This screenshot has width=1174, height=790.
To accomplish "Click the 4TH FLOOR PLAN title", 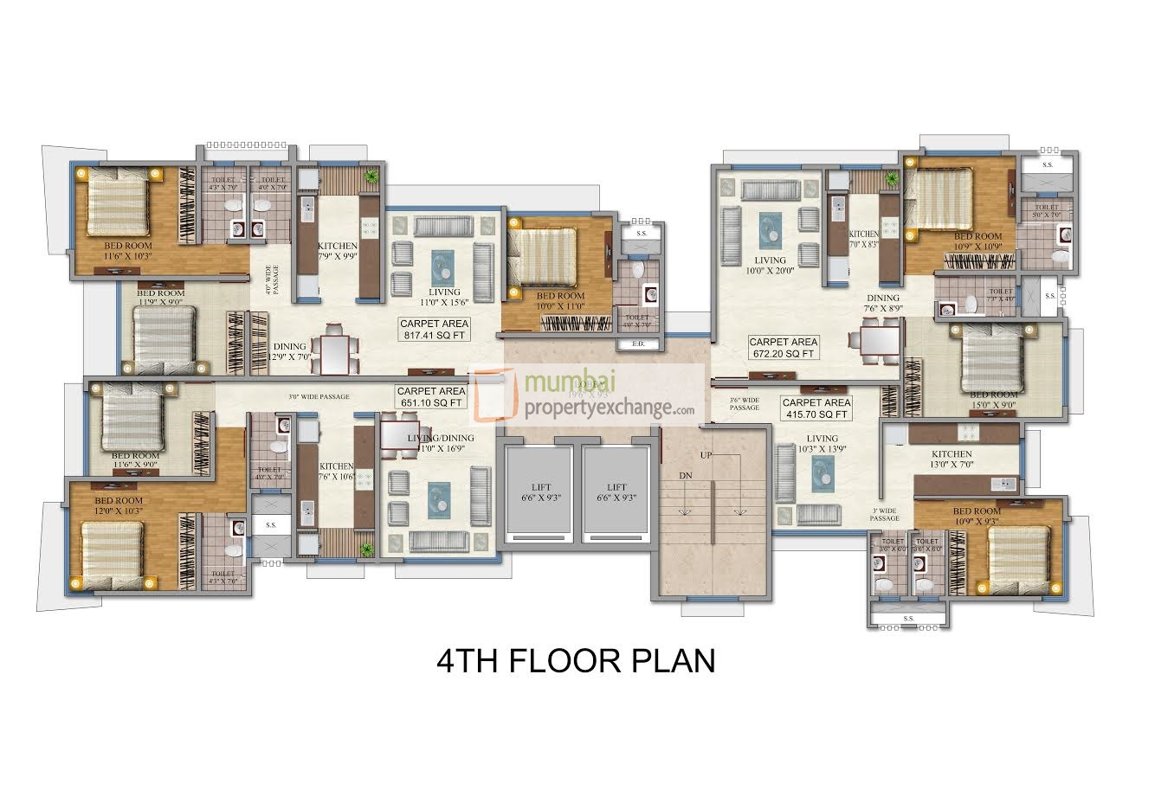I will (576, 661).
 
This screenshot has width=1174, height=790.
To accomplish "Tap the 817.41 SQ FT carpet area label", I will (434, 329).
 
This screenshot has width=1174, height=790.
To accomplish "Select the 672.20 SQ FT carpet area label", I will (783, 347).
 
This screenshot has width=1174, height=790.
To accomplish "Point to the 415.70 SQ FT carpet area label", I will (816, 408).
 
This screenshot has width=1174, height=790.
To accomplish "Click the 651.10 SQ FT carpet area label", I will (430, 397).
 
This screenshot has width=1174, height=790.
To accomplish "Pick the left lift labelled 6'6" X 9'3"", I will (541, 492).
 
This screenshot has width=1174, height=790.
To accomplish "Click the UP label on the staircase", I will (707, 454).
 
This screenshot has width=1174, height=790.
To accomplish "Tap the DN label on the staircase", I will (686, 476).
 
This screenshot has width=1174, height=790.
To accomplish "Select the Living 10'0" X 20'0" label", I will (770, 265).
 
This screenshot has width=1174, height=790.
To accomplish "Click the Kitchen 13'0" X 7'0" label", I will (951, 459).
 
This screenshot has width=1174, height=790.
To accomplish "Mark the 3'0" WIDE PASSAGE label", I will (319, 397).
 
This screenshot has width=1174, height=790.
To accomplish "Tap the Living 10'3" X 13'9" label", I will (817, 444).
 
